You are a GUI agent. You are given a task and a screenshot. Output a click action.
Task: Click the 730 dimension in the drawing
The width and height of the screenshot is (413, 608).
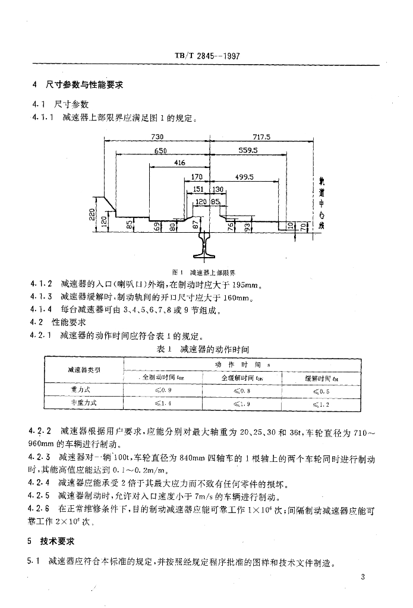click(x=157, y=137)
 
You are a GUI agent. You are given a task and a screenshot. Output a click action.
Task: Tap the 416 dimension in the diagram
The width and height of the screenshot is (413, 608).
click(x=179, y=163)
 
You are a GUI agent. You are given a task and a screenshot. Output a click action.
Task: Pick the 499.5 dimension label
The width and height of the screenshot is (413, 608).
click(x=244, y=177)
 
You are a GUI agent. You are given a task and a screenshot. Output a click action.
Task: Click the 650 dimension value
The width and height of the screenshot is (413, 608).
click(x=160, y=151)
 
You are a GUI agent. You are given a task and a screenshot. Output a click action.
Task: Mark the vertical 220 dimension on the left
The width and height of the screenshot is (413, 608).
click(x=92, y=213)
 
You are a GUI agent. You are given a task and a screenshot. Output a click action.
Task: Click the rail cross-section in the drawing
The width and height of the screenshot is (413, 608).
click(x=210, y=242)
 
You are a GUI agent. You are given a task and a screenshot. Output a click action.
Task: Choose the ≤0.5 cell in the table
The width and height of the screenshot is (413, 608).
click(x=321, y=391)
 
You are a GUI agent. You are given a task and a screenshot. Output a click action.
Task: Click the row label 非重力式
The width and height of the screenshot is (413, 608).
click(x=83, y=403)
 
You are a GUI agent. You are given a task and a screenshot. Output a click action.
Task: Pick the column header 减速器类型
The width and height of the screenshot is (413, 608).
click(x=83, y=370)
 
